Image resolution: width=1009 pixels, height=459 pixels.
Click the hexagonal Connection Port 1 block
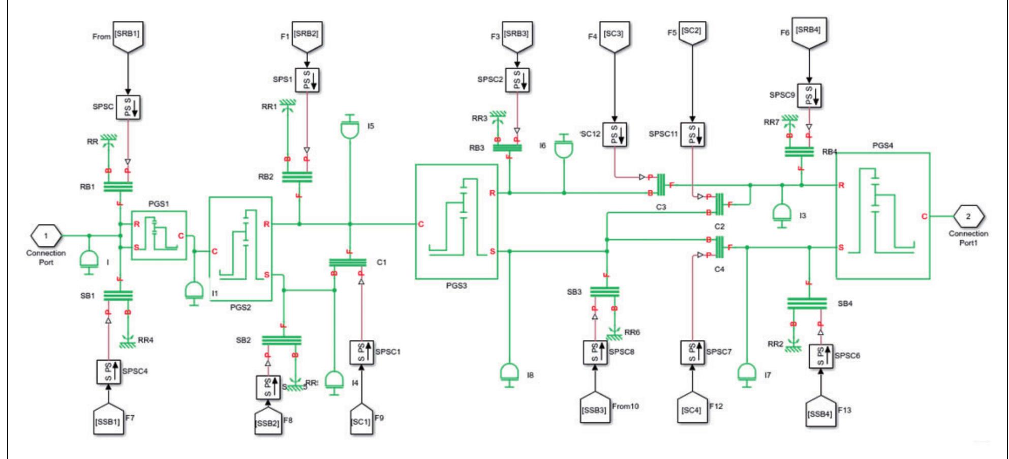click(46, 235)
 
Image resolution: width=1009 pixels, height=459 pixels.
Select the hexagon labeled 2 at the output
click(968, 216)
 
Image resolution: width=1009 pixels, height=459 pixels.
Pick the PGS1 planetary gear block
click(159, 236)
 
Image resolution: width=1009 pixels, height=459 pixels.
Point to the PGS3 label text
click(456, 286)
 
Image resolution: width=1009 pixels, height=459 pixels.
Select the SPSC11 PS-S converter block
click(692, 134)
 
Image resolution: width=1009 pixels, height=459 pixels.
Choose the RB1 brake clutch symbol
click(118, 187)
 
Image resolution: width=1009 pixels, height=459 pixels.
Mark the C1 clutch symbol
click(348, 263)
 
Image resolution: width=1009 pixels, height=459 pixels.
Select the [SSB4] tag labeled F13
click(820, 410)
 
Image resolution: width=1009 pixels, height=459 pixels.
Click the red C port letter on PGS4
click(924, 216)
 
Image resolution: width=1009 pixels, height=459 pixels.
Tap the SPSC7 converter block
click(692, 352)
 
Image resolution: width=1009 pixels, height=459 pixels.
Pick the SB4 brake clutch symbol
click(807, 303)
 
